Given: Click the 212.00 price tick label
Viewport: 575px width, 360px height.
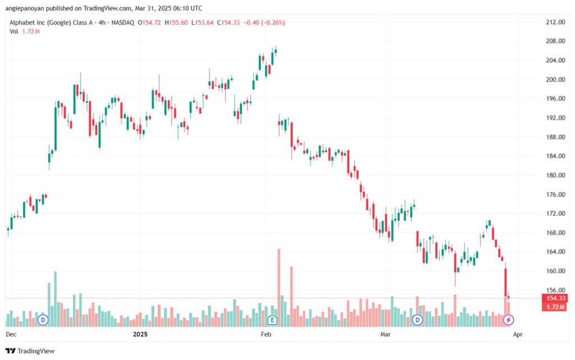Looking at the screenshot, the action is pos(555,22).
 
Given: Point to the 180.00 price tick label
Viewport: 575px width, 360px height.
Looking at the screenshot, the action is pos(555,175).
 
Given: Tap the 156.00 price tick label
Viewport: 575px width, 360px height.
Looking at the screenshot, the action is pos(555,290).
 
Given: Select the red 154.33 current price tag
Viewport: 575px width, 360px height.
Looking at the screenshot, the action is pos(555,298).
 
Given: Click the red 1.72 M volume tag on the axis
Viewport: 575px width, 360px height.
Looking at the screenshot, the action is pos(555,307).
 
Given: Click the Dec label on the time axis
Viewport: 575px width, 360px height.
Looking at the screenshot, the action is pos(11,334).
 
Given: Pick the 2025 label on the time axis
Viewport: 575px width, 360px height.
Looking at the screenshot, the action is pos(140,334).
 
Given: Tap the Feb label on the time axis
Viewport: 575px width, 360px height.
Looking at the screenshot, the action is pos(266,334).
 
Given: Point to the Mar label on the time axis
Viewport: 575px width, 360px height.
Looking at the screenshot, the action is pos(385,334).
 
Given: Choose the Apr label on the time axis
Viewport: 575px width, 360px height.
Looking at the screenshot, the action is pos(517,334).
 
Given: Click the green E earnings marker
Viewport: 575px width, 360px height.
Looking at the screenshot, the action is pos(272,320).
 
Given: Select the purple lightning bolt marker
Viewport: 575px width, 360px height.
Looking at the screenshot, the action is pos(508,320).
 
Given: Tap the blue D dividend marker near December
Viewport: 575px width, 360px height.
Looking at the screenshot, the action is pos(43,320).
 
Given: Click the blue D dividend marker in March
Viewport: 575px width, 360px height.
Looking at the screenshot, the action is pos(417,320).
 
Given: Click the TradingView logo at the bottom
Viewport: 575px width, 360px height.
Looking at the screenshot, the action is pos(30,351).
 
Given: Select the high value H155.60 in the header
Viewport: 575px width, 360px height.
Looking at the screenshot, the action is pos(176,22).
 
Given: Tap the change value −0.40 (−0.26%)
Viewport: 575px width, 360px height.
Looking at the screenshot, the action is pos(264,22).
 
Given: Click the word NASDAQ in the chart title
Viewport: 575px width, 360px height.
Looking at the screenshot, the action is pos(123,22).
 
